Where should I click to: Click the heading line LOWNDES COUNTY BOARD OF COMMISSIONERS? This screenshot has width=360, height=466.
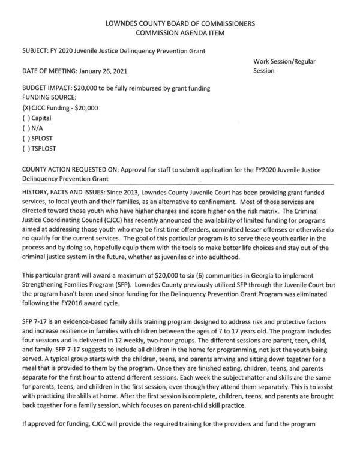[x=180, y=23]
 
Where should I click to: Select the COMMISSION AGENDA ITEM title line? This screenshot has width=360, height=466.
[x=180, y=33]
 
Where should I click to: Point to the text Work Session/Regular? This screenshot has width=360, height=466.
[x=286, y=61]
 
